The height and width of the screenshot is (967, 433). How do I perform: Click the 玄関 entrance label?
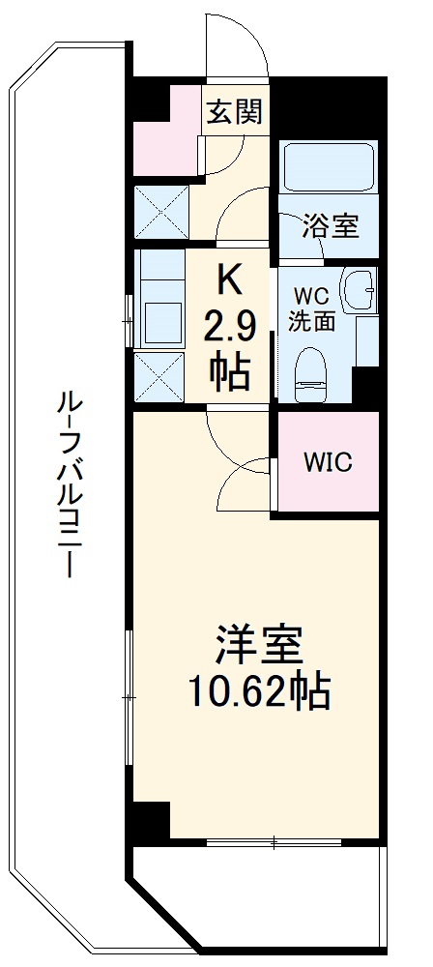(x=233, y=112)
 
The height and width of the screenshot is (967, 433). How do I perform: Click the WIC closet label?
(x=328, y=462)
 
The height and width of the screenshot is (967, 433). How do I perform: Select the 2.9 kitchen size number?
(x=229, y=328)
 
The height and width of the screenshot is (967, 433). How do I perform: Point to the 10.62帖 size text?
(x=260, y=690)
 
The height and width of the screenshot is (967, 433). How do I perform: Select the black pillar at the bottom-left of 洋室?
(x=150, y=822)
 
